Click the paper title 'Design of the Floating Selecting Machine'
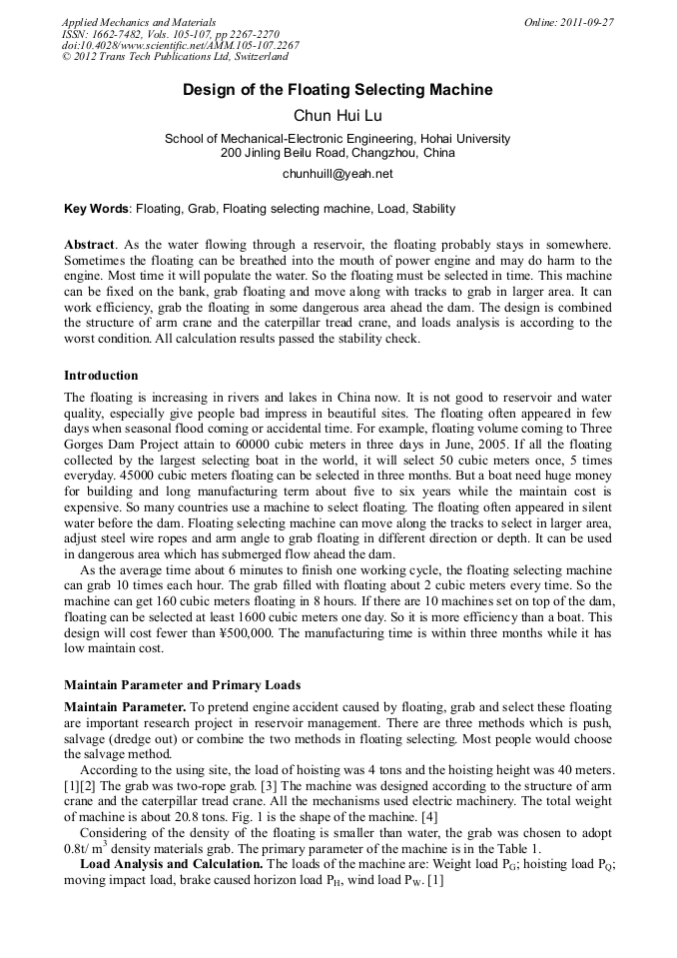click(x=338, y=90)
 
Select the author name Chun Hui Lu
click(x=338, y=116)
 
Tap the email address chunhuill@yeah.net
click(x=338, y=173)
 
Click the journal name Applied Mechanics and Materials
click(x=139, y=22)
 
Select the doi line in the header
click(x=180, y=46)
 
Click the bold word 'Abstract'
click(x=89, y=245)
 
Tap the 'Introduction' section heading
click(x=101, y=376)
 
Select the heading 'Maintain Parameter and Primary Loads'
click(x=182, y=685)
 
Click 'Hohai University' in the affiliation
click(x=465, y=139)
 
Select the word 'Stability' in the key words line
click(x=433, y=210)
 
